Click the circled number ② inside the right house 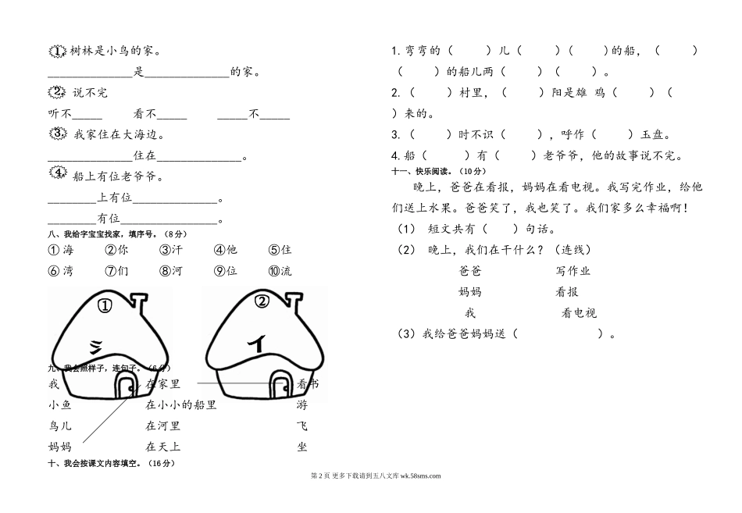point(262,301)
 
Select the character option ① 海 point(60,251)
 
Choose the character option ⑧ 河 point(170,272)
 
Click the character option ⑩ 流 point(280,272)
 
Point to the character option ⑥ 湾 point(60,272)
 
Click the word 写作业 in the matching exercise point(573,271)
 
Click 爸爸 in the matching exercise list point(470,271)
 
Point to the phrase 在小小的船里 point(180,405)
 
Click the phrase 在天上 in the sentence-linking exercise point(163,447)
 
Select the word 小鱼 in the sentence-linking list point(59,405)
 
